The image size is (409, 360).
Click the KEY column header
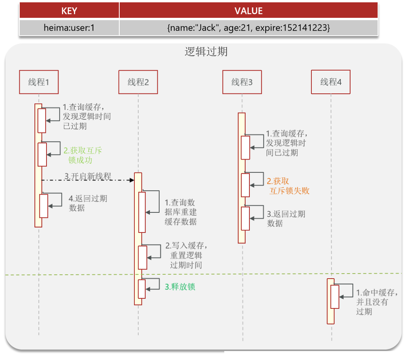click(x=69, y=10)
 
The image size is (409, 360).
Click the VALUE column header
click(x=248, y=10)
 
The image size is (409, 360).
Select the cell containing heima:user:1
click(x=69, y=28)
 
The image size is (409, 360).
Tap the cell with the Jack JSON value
click(x=248, y=28)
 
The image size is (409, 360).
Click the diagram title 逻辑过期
click(x=206, y=52)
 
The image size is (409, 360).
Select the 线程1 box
click(x=39, y=82)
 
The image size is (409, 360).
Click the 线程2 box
click(x=138, y=82)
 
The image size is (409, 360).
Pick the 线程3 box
click(x=242, y=82)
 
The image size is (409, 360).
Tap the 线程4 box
click(x=331, y=82)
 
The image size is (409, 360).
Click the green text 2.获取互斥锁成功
click(x=82, y=155)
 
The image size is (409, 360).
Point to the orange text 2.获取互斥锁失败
click(x=288, y=186)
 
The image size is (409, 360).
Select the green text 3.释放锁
click(x=180, y=287)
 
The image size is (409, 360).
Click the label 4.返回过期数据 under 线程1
click(x=88, y=203)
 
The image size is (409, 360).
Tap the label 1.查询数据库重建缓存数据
click(x=180, y=212)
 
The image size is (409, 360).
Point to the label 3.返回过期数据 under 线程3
click(x=286, y=218)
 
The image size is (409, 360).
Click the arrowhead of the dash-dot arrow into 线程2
click(x=132, y=180)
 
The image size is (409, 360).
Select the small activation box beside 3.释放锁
click(x=141, y=289)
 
